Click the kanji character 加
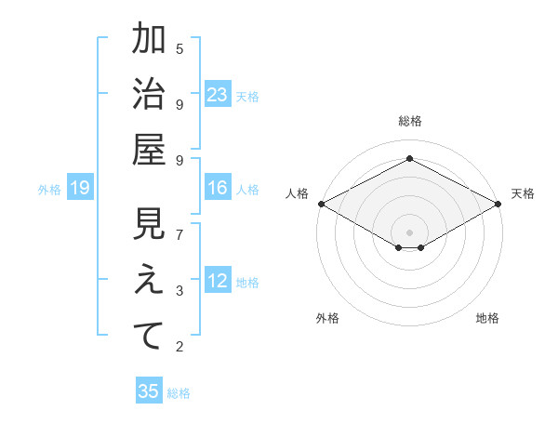[x=149, y=40]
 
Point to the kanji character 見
[x=149, y=225]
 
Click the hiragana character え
[x=149, y=281]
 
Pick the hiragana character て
[x=149, y=335]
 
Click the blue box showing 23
[x=218, y=94]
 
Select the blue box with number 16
[x=218, y=188]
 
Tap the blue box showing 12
[x=218, y=281]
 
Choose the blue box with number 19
[x=80, y=188]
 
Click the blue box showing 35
[x=149, y=391]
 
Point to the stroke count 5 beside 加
[x=179, y=48]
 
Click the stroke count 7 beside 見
[x=179, y=233]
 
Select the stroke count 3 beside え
[x=179, y=291]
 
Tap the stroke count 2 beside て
[x=179, y=347]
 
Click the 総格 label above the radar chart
[x=409, y=121]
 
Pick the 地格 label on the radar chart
[x=487, y=318]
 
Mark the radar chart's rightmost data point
[x=498, y=204]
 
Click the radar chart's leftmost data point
[x=321, y=204]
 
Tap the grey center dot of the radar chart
[x=409, y=231]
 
